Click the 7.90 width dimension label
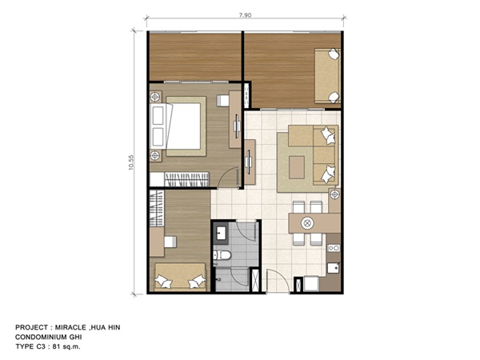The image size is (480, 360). [x=245, y=15]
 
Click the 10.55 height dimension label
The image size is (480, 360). [x=131, y=162]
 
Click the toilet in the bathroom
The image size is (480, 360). [x=222, y=254]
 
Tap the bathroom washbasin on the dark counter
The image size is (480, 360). [x=220, y=234]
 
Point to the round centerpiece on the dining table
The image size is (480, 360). [x=307, y=223]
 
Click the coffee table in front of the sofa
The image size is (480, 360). [x=297, y=167]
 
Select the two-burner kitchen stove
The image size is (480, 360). [x=334, y=248]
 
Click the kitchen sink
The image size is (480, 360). [x=334, y=268]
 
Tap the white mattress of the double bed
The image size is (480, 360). [x=183, y=126]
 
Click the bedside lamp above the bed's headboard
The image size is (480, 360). [x=155, y=97]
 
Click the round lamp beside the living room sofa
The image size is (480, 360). [x=334, y=194]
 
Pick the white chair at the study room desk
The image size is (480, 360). [x=170, y=242]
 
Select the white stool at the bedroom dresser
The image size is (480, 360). [x=223, y=101]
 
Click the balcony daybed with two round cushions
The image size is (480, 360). [x=327, y=76]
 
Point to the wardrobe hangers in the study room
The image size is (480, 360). [x=157, y=208]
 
